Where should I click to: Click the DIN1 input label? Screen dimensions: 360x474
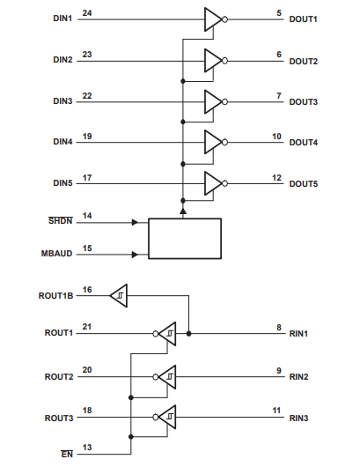pyautogui.click(x=62, y=19)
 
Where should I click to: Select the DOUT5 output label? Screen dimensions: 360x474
pyautogui.click(x=303, y=184)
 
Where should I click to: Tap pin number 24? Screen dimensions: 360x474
pyautogui.click(x=87, y=13)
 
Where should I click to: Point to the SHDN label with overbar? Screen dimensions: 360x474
pyautogui.click(x=61, y=220)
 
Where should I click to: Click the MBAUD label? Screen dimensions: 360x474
pyautogui.click(x=57, y=254)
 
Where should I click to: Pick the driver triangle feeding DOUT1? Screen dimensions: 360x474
pyautogui.click(x=213, y=19)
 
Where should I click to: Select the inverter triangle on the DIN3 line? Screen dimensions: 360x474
pyautogui.click(x=213, y=102)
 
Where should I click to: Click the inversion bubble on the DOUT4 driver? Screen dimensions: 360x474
pyautogui.click(x=224, y=142)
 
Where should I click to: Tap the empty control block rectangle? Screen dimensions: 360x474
pyautogui.click(x=185, y=239)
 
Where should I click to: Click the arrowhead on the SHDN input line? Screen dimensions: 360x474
pyautogui.click(x=135, y=223)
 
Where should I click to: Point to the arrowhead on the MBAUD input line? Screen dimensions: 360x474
pyautogui.click(x=135, y=255)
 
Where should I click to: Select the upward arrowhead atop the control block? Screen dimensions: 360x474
pyautogui.click(x=183, y=211)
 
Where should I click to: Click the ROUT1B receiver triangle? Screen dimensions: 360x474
pyautogui.click(x=119, y=296)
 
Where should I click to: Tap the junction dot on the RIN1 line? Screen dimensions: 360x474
pyautogui.click(x=188, y=334)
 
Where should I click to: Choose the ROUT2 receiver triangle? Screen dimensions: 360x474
pyautogui.click(x=167, y=377)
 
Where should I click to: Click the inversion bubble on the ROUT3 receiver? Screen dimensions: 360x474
pyautogui.click(x=156, y=417)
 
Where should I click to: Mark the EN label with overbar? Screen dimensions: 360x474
pyautogui.click(x=67, y=454)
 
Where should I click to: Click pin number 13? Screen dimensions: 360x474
pyautogui.click(x=87, y=447)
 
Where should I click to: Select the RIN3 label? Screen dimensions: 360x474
pyautogui.click(x=298, y=418)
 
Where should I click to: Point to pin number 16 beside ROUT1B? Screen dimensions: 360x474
pyautogui.click(x=87, y=290)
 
